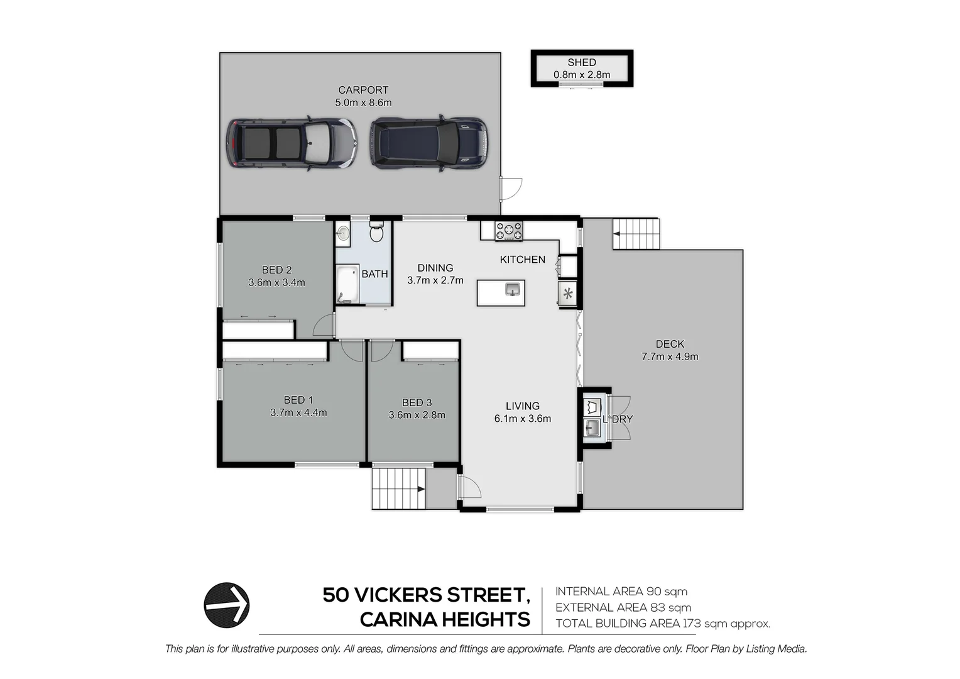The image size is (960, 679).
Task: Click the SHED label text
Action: coord(581,62)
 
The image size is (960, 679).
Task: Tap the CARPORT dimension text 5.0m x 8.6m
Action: coord(363,102)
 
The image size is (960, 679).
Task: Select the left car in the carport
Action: coord(291,143)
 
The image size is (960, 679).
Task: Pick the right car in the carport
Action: coord(428,143)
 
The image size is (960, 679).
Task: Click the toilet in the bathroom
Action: coord(376,233)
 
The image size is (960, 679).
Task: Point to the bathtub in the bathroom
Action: coord(346,284)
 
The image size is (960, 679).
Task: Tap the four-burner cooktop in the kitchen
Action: coord(508,231)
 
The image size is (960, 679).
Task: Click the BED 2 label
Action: coord(276,270)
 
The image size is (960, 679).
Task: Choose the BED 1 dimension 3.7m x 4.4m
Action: coord(298,412)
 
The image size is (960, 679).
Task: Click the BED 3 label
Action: coord(417,402)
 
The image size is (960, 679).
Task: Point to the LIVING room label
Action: coord(522,406)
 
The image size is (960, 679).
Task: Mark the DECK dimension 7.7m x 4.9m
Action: coord(670,356)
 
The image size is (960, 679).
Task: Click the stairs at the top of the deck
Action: coord(636,234)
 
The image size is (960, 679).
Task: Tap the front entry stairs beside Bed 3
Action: coord(398,489)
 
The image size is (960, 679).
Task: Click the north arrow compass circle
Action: coord(227,605)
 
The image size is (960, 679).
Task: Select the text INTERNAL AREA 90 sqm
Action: coord(621,592)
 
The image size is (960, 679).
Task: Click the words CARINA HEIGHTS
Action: coord(445,620)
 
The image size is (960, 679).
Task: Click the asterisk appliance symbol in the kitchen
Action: coord(568,293)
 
